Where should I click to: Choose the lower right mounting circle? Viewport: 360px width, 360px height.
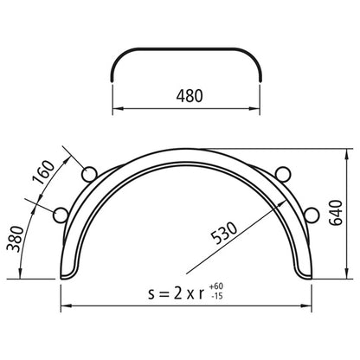[311, 213]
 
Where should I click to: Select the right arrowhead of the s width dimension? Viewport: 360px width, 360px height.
[308, 305]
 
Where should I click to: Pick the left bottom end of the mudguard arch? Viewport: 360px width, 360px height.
[68, 276]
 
